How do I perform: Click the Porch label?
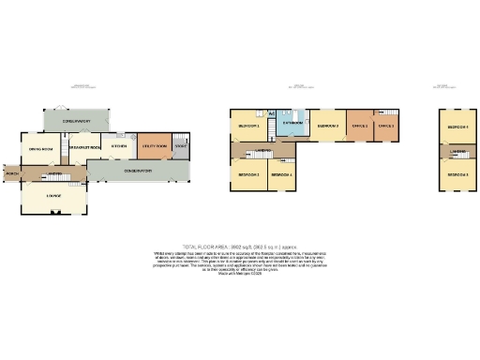point(11,174)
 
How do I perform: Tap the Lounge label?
point(52,196)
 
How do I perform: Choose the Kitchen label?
point(119,145)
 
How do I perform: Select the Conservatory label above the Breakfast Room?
point(76,121)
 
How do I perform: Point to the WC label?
point(271,114)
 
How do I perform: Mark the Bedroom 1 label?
point(248,125)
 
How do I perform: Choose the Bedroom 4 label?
point(282,175)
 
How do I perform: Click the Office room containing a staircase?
point(385,125)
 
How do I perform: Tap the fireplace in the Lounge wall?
point(53,213)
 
